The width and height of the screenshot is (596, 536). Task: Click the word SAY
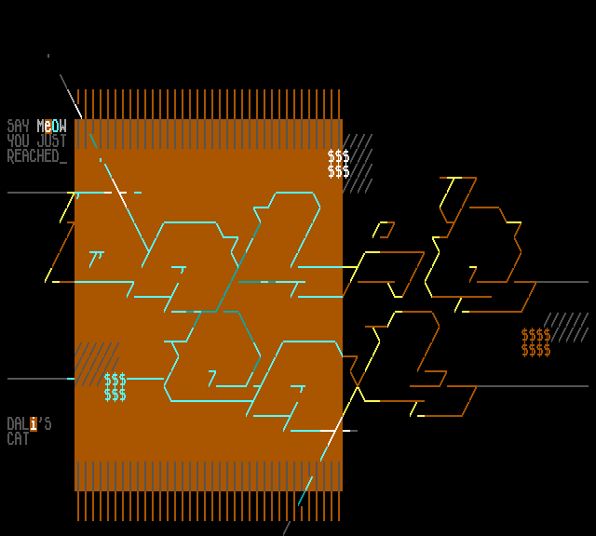[18, 126]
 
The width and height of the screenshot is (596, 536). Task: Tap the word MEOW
[52, 126]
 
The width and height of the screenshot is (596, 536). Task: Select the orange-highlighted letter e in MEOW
[48, 126]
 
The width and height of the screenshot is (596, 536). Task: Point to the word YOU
[18, 141]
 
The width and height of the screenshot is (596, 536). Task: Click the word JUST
[52, 141]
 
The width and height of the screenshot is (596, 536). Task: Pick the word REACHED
[33, 155]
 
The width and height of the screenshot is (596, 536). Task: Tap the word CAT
[18, 438]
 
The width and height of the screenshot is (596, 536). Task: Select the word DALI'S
[29, 423]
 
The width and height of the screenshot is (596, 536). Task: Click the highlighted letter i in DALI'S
[34, 423]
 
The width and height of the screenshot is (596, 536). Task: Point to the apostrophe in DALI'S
[41, 421]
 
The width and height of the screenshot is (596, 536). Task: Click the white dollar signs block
[339, 164]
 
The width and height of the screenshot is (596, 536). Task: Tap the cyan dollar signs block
[115, 387]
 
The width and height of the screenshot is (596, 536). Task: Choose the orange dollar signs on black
[536, 342]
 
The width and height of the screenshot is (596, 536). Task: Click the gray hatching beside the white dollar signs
[358, 164]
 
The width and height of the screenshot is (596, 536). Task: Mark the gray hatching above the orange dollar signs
[566, 327]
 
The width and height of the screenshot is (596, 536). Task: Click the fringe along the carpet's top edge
[209, 103]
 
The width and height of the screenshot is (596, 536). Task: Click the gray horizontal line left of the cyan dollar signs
[37, 379]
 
